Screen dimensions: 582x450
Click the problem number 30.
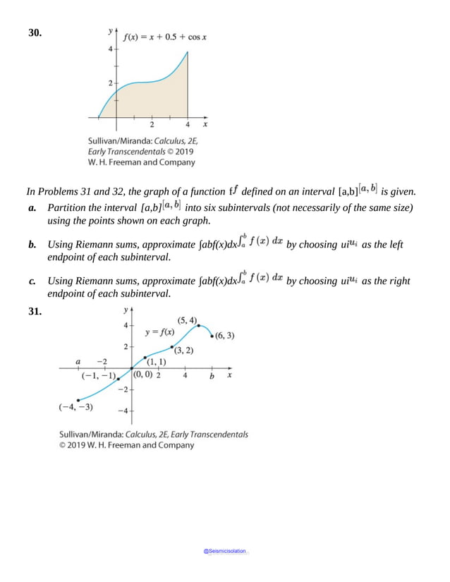point(35,33)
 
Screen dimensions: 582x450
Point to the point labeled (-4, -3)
point(78,401)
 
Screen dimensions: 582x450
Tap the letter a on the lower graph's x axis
point(78,362)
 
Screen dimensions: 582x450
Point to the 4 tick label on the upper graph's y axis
point(109,49)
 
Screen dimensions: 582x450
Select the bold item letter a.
point(32,208)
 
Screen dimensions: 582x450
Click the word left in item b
point(396,245)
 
